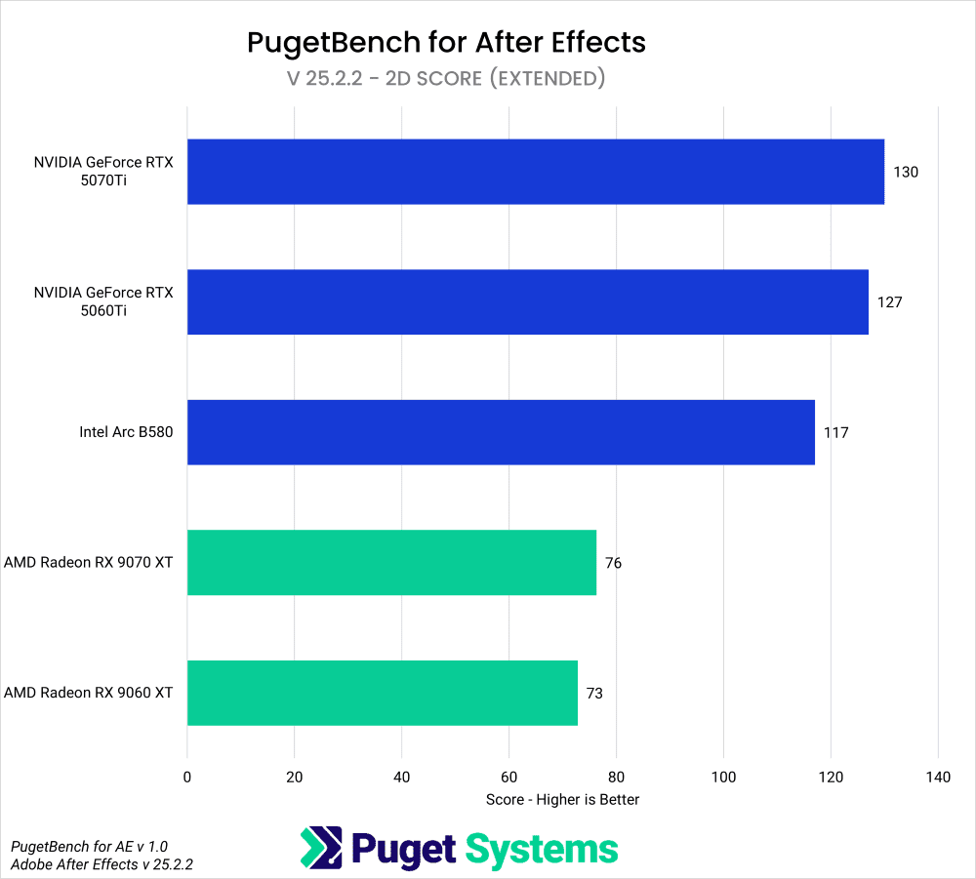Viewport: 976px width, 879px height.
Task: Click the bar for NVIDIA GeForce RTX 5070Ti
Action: coord(535,172)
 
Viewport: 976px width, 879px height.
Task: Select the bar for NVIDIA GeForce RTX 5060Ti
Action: coord(527,302)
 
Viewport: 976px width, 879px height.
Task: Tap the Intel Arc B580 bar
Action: coord(501,432)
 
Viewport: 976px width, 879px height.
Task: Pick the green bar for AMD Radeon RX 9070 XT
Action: coord(391,563)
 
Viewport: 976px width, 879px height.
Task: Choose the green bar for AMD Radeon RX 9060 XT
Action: coord(383,693)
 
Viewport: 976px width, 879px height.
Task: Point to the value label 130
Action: coord(906,173)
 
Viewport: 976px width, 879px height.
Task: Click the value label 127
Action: coord(889,302)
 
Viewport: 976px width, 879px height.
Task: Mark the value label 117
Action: coord(835,432)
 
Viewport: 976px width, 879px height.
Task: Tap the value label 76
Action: coord(613,563)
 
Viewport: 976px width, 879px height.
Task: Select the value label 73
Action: coord(594,693)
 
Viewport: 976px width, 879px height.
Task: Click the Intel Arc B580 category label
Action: coord(126,432)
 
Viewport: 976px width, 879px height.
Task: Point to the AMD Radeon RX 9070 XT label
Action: coord(89,563)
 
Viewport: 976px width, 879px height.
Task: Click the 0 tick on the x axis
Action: coord(187,778)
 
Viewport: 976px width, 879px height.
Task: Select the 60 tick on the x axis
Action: coord(508,778)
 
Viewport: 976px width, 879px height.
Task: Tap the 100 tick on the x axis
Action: coord(723,778)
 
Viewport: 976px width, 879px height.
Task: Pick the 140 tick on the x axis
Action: coord(937,778)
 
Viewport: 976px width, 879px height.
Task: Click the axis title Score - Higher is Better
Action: coord(562,800)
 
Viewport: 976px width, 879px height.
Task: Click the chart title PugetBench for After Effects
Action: coord(446,42)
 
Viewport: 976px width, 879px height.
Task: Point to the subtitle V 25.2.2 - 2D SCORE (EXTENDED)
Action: coord(446,78)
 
